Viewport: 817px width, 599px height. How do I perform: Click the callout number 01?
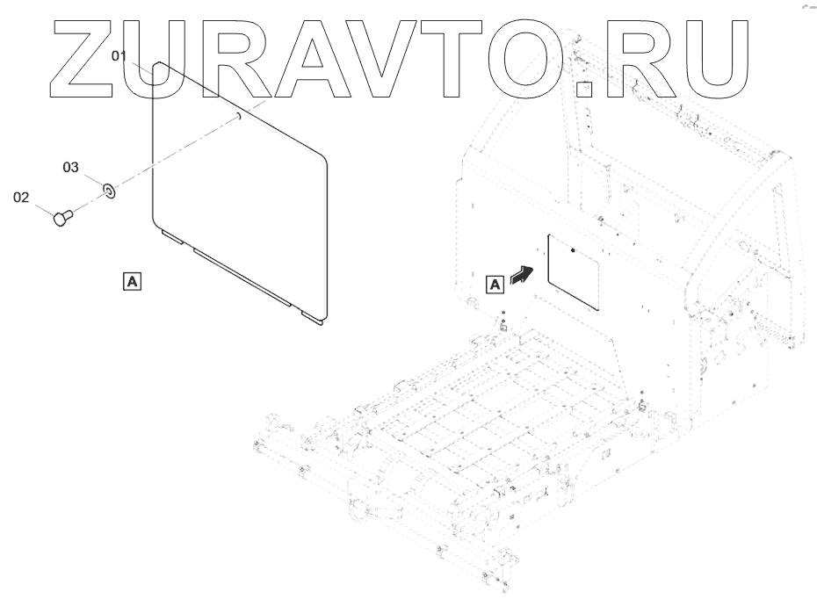click(119, 55)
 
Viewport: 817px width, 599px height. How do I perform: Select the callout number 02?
click(21, 198)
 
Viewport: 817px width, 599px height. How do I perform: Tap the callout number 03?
click(70, 166)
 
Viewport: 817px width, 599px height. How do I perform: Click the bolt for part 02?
click(61, 217)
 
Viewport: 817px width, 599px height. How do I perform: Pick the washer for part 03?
click(109, 189)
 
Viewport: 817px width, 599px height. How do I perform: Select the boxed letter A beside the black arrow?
click(495, 283)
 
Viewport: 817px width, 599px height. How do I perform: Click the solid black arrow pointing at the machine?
click(521, 274)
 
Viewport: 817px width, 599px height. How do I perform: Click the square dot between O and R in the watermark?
click(584, 88)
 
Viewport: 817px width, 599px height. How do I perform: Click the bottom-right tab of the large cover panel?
click(313, 320)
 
